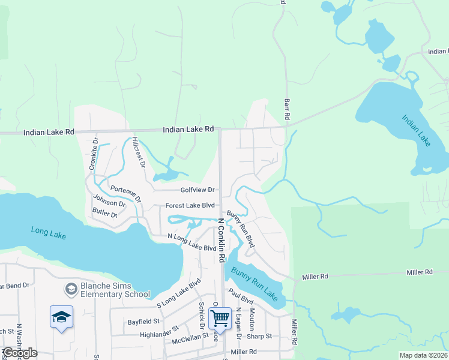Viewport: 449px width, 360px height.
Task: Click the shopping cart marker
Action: tap(220, 318)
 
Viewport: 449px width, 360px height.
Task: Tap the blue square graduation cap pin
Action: tap(61, 316)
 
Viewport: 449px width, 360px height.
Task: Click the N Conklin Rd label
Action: tap(221, 240)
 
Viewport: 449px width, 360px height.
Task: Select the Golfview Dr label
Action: tap(197, 190)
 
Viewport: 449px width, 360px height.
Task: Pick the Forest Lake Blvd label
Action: tap(190, 206)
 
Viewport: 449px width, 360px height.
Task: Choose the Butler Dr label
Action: tap(104, 213)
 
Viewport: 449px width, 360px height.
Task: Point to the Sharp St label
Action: tap(260, 336)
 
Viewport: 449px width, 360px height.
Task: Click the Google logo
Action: tap(20, 353)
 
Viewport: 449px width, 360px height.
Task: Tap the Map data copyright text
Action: tap(423, 355)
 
